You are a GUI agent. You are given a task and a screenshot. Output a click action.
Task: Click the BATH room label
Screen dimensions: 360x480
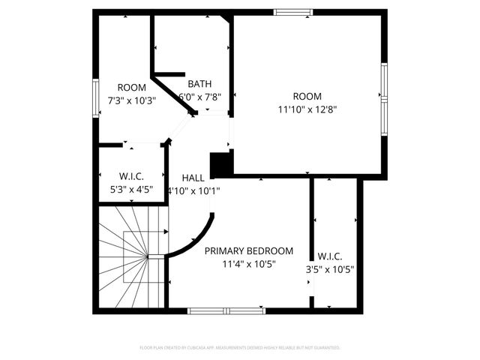tap(199, 83)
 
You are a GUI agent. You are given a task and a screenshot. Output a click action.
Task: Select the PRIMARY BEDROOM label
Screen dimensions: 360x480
tap(249, 251)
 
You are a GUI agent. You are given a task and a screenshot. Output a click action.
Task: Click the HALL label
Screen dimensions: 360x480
tap(193, 178)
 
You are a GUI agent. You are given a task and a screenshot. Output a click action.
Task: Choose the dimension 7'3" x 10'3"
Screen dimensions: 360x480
tap(131, 100)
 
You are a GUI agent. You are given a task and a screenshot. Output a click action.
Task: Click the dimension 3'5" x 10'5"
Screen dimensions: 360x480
tap(330, 269)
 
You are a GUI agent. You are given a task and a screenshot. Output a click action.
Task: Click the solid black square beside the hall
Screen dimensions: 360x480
tap(221, 163)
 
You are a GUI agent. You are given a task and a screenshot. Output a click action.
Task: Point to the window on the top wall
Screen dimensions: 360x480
tap(292, 12)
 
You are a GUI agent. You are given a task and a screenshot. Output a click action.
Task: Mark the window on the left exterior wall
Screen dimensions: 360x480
tap(95, 97)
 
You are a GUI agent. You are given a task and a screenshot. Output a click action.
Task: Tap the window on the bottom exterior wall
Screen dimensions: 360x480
tap(226, 310)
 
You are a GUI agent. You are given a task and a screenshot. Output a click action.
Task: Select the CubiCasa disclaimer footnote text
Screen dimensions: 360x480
tap(240, 348)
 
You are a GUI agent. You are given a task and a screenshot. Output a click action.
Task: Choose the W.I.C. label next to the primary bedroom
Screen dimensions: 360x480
tap(330, 256)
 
